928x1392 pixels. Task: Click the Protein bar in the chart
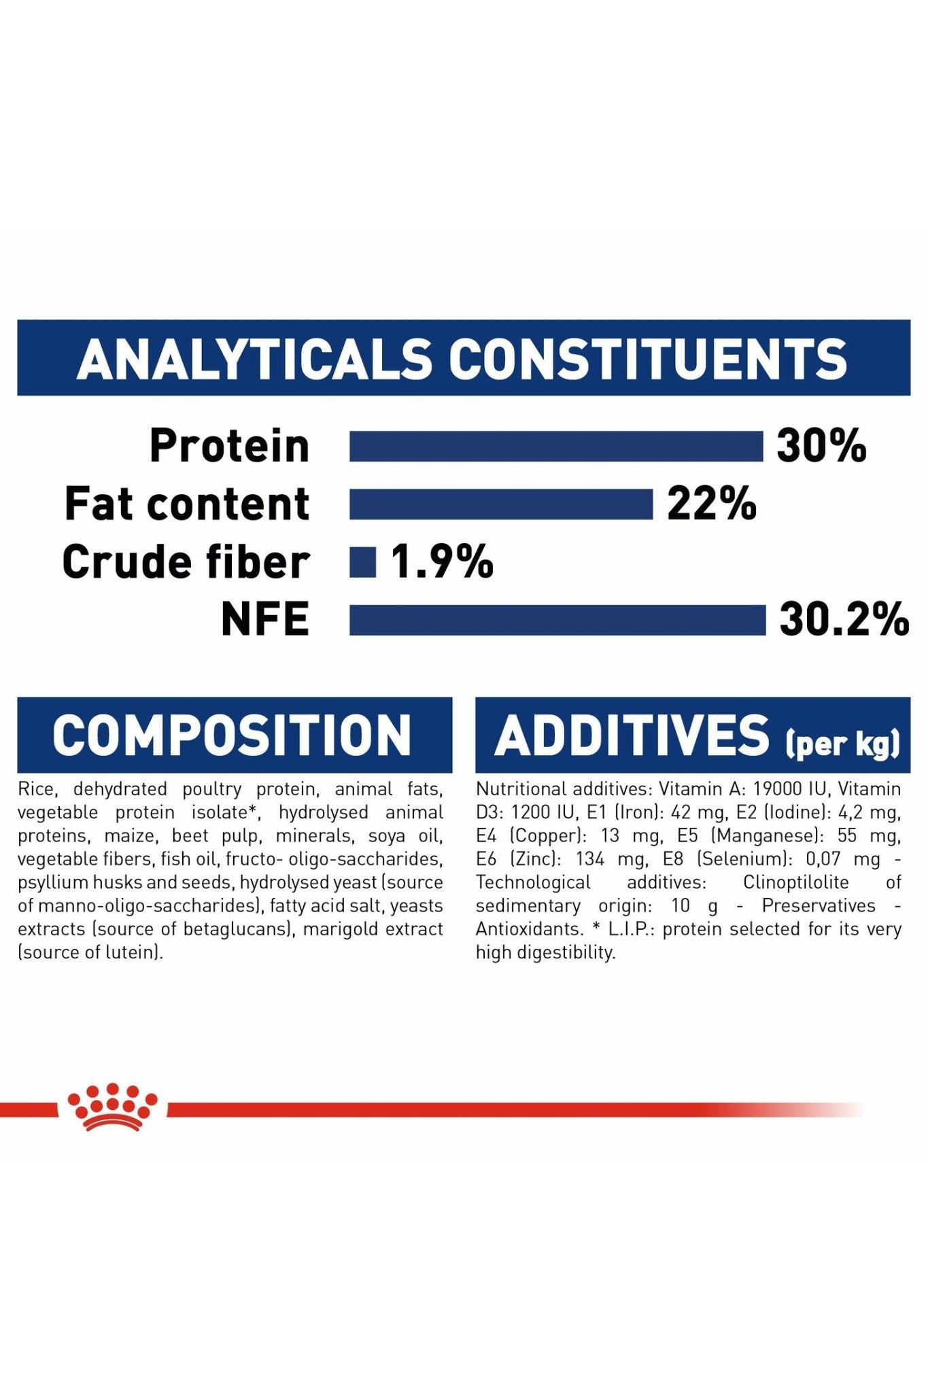point(556,447)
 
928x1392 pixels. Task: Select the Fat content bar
point(501,504)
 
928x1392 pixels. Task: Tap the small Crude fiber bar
point(362,562)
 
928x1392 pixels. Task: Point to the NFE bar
point(557,620)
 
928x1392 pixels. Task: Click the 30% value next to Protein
point(821,447)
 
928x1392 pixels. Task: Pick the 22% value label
point(712,504)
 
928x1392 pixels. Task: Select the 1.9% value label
point(442,562)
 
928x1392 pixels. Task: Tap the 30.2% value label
point(844,620)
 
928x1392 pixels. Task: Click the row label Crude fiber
point(186,562)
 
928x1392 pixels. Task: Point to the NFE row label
point(265,620)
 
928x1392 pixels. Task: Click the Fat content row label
point(187,504)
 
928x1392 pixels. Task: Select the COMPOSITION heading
point(233,735)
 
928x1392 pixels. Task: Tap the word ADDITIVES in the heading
point(632,735)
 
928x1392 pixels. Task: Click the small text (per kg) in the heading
point(843,743)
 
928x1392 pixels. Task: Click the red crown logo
point(112,1107)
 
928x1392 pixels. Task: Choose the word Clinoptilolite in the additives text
point(796,882)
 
